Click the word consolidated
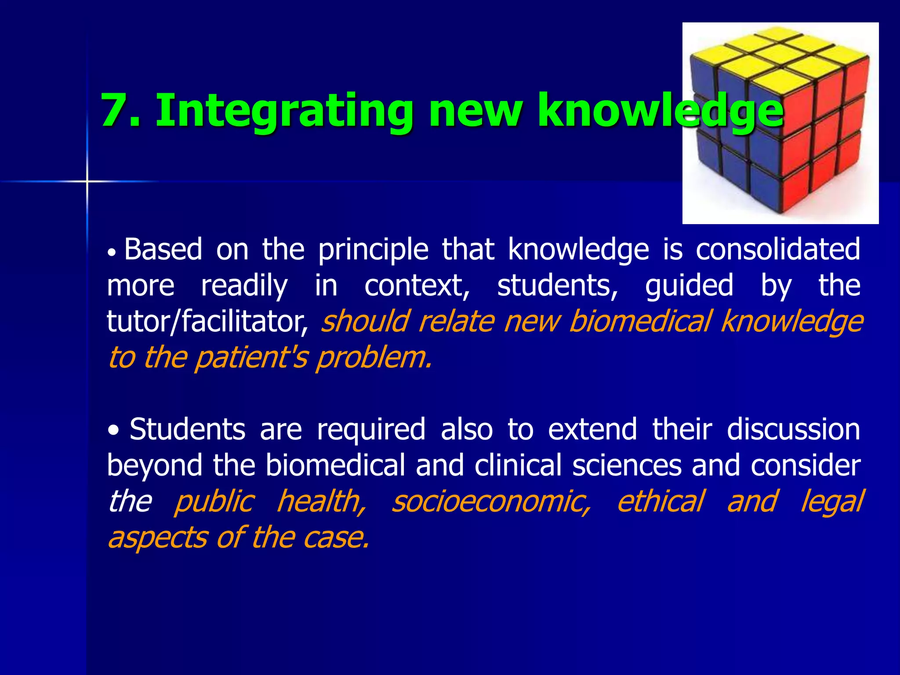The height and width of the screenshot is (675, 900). coord(777,249)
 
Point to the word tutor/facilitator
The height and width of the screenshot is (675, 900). coord(207,322)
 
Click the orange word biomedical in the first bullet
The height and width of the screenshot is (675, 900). coord(640,322)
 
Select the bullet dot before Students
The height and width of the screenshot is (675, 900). coord(114,430)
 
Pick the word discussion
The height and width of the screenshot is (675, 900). coord(793,429)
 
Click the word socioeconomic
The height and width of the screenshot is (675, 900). coord(490,502)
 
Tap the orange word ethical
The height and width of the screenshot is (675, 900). coord(660,501)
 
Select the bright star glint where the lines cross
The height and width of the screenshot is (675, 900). coord(87,181)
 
